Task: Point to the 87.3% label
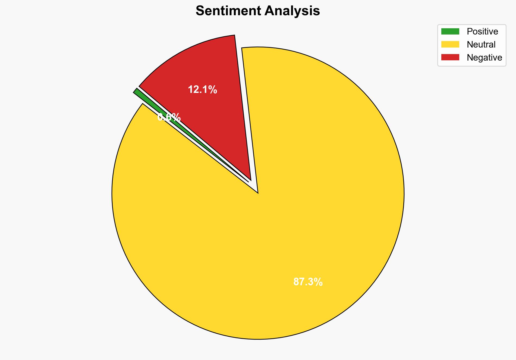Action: coord(308,282)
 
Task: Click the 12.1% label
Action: coord(202,90)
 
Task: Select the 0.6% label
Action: coord(169,117)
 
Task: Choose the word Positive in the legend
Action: coord(482,32)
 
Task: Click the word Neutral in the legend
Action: coord(481,45)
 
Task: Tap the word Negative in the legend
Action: coord(484,58)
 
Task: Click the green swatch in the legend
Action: coord(450,32)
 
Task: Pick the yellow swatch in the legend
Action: coord(450,44)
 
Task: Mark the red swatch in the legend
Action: coord(450,57)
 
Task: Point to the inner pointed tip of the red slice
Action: coord(251,180)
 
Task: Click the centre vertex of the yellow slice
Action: coord(258,193)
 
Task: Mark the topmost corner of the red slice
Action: coord(234,35)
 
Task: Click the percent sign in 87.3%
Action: coord(319,282)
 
